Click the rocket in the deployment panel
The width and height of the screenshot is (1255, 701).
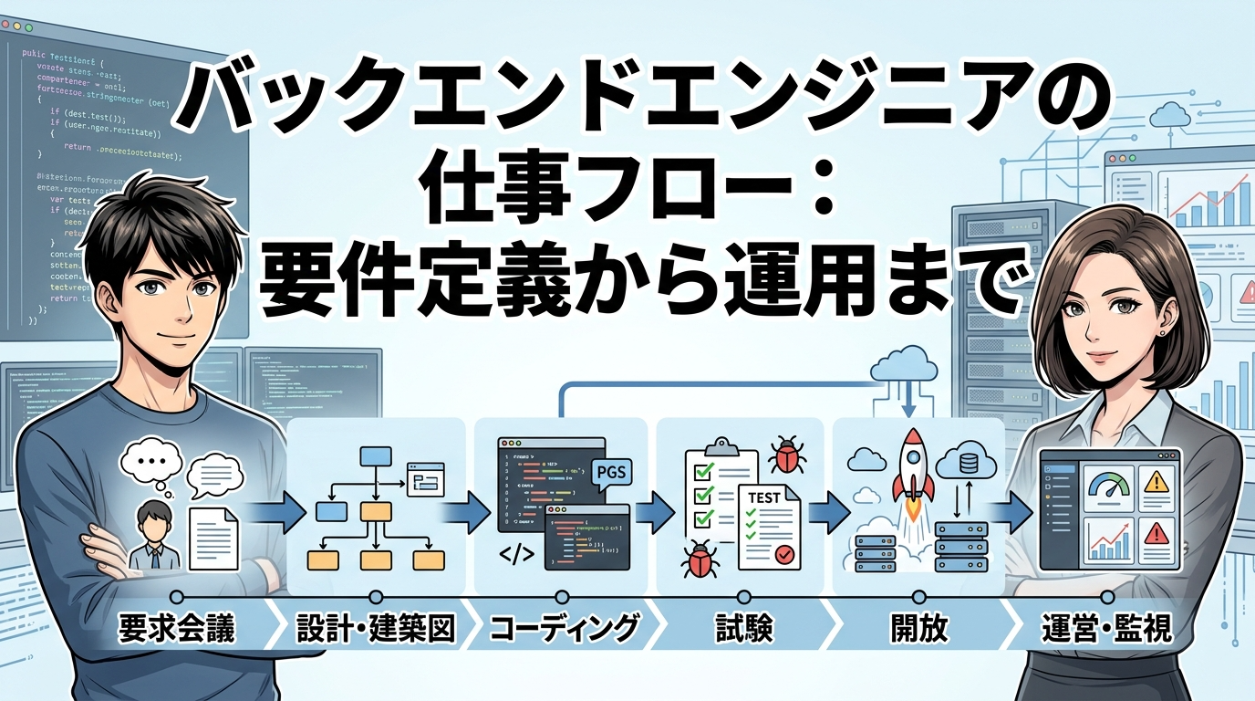tap(913, 466)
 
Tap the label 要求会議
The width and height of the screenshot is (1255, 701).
tap(176, 629)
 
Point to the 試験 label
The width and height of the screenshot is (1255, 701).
tap(744, 629)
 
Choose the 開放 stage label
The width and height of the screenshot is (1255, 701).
tap(918, 629)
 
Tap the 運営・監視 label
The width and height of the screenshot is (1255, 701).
tap(1106, 629)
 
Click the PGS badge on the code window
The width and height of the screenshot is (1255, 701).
tap(610, 472)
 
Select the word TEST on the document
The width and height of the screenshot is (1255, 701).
tap(763, 497)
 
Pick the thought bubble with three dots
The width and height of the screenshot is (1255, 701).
tap(152, 459)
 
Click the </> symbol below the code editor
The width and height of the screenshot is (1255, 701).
tap(516, 553)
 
